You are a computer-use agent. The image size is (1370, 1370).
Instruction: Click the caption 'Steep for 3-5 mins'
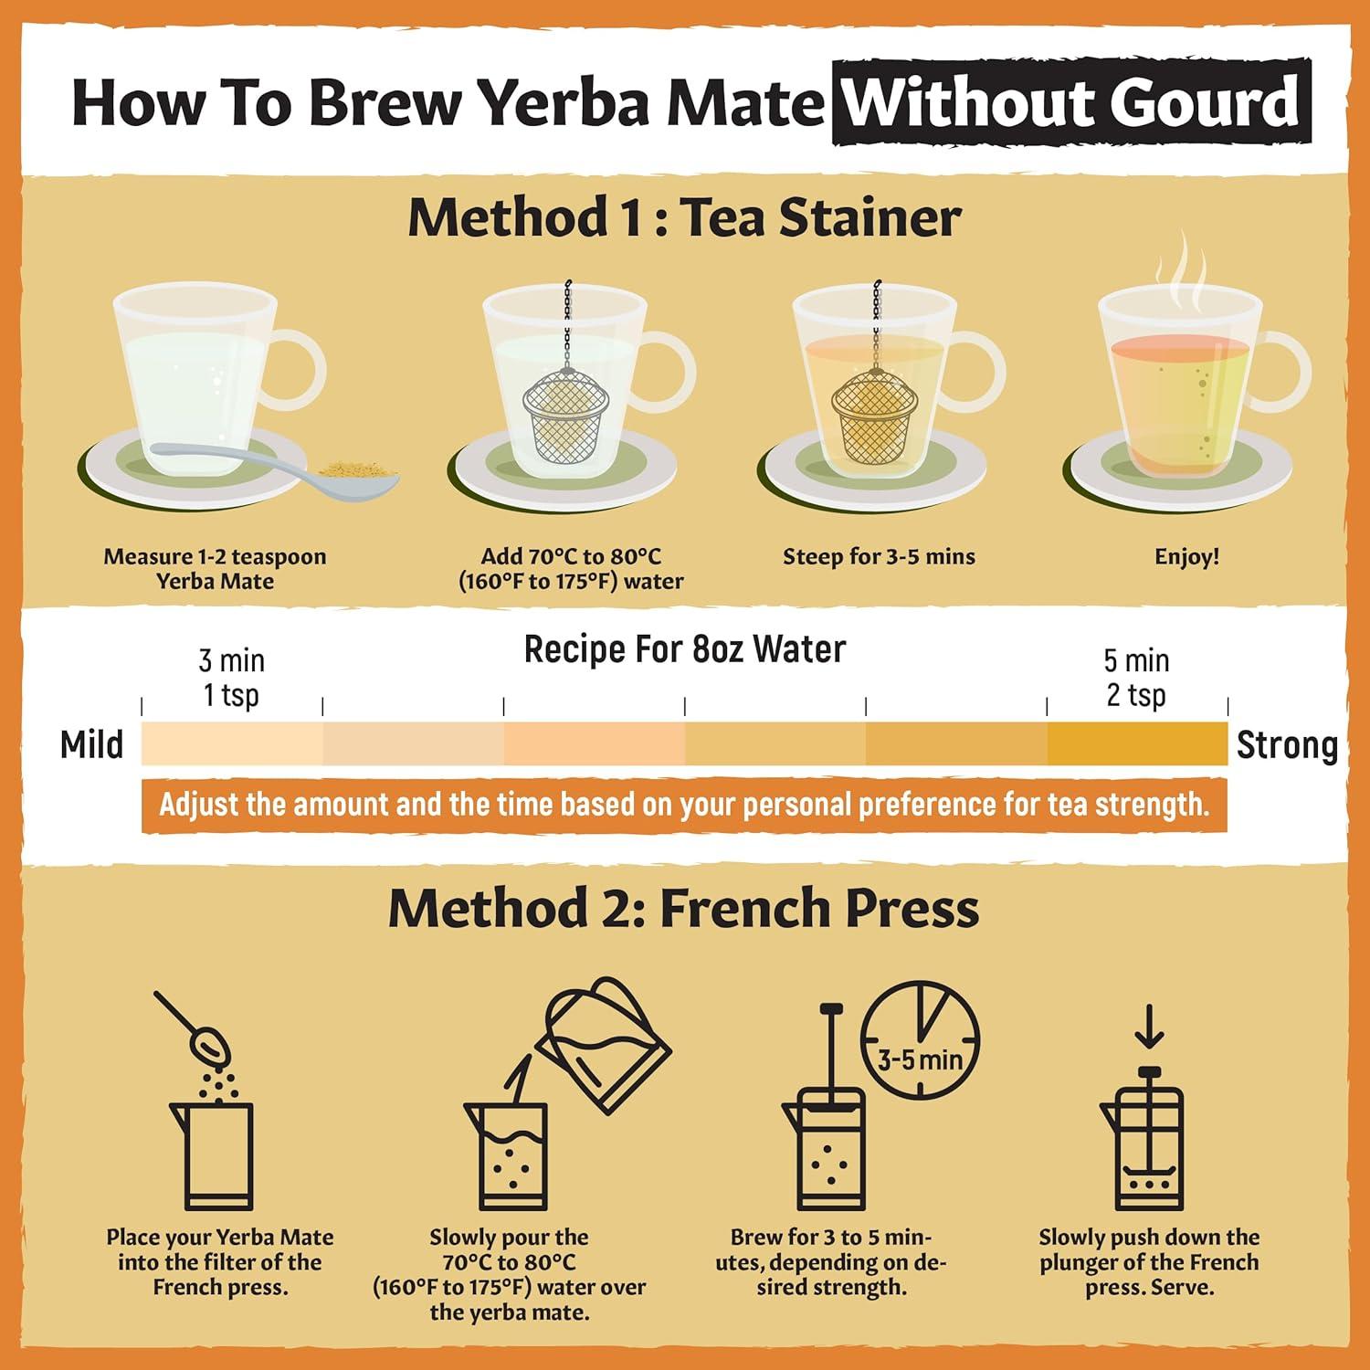point(879,557)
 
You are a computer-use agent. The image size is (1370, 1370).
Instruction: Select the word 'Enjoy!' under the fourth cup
point(1186,557)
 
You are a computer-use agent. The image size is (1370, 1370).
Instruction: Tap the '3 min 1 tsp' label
point(231,678)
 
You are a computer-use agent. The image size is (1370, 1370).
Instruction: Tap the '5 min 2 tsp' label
point(1136,678)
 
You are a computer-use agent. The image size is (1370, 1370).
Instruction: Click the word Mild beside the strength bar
point(91,745)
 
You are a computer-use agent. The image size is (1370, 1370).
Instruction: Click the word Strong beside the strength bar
point(1287,745)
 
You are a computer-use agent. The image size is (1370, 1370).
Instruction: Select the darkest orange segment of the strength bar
point(1137,743)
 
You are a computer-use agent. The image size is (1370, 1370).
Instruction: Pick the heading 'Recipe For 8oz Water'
point(684,649)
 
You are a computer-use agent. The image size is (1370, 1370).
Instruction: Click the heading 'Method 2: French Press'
point(683,909)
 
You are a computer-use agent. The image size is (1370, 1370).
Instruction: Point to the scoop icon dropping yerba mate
point(195,1032)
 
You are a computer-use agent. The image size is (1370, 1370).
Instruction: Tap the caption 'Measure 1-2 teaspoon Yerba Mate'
point(215,569)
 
